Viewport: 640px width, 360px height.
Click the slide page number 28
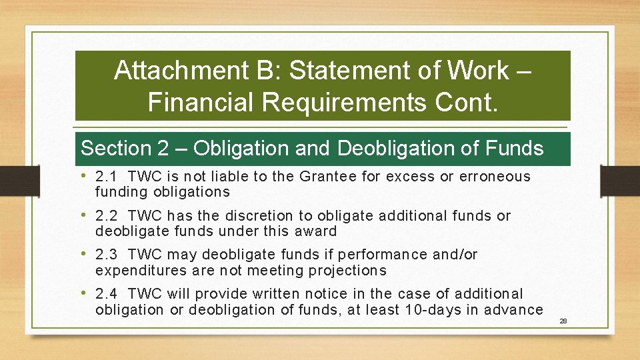point(563,321)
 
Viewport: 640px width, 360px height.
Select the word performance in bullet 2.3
point(383,255)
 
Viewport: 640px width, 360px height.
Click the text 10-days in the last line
point(429,309)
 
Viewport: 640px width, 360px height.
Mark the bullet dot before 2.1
point(87,177)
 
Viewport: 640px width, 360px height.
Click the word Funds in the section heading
point(513,148)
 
